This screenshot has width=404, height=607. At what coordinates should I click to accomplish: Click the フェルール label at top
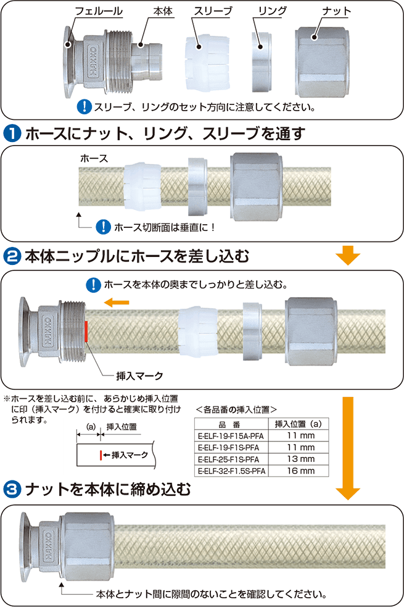coord(98,12)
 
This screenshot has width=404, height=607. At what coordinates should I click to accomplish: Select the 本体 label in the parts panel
coord(163,12)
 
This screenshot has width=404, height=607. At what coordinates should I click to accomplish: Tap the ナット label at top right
coord(337,12)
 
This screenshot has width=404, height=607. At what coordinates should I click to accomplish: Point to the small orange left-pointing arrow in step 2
coord(116,302)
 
